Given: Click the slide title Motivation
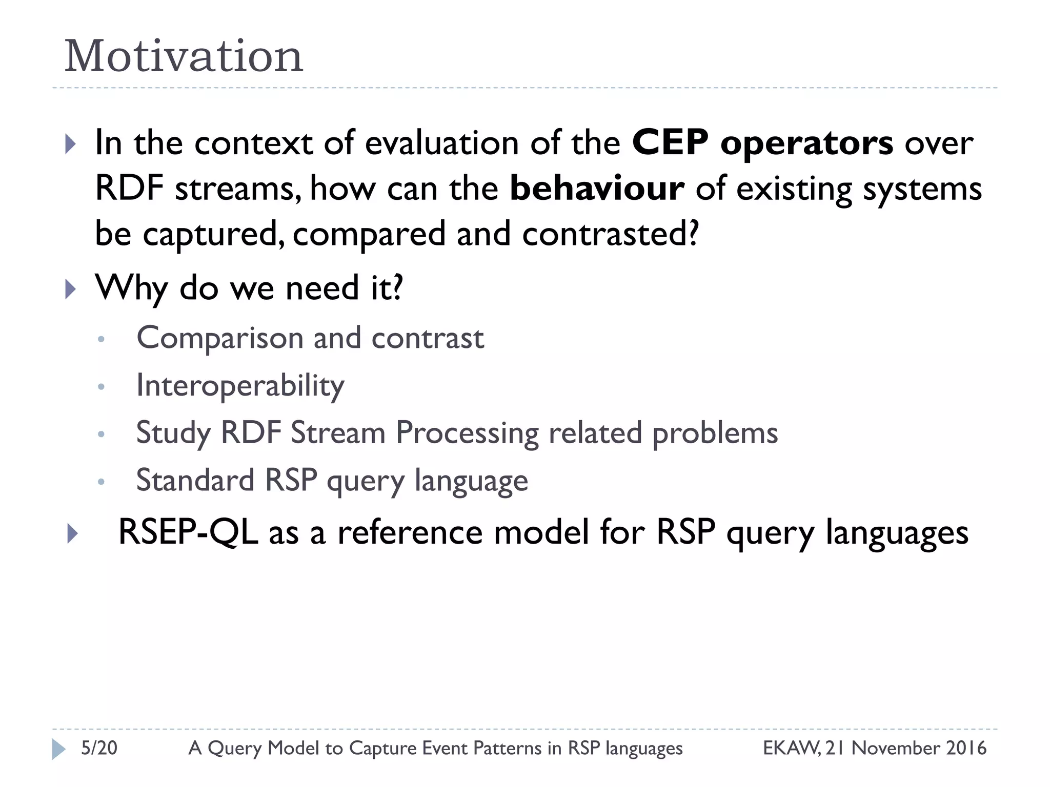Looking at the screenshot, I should tap(184, 56).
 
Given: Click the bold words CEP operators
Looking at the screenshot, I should tap(762, 143).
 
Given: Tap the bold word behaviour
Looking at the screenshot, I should tap(597, 188).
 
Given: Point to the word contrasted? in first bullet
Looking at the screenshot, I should tap(611, 234).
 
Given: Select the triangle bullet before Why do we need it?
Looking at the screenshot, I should tap(71, 289).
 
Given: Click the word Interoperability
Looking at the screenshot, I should tap(240, 386).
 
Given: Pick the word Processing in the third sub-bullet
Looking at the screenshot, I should tap(467, 433).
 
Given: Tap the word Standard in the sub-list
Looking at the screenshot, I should tap(195, 481).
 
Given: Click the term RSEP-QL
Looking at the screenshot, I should tap(188, 532).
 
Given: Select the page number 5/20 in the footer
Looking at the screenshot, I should tap(99, 748).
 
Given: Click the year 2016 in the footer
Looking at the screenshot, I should tap(966, 748).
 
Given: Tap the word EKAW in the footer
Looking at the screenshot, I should tap(790, 748).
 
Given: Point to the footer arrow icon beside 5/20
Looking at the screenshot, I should tap(58, 749).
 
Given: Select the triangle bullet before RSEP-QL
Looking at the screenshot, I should tap(72, 534).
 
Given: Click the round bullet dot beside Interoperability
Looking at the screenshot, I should tap(101, 387).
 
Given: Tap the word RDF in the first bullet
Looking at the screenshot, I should tap(129, 188).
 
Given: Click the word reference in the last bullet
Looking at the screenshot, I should tap(410, 532).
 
